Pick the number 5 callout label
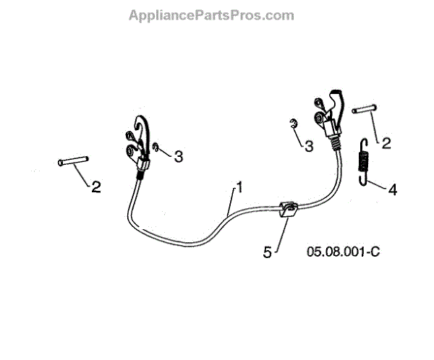click(x=267, y=252)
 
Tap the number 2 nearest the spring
click(x=386, y=142)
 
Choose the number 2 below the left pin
click(x=96, y=187)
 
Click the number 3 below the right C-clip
click(x=309, y=146)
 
